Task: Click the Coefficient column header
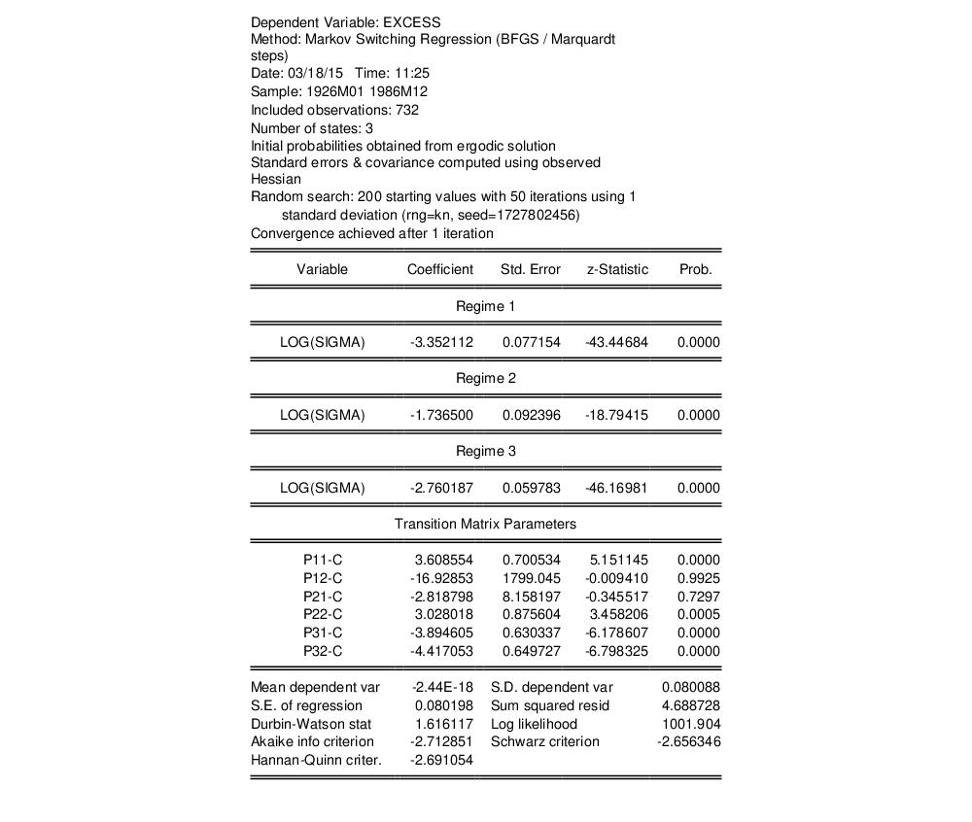(x=439, y=269)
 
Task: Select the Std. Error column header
(x=530, y=269)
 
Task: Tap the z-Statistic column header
(x=617, y=269)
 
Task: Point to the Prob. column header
(x=696, y=269)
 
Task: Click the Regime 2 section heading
(x=486, y=378)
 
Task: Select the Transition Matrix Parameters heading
(x=485, y=524)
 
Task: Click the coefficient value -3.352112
(x=441, y=342)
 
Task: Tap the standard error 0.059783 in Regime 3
(x=532, y=488)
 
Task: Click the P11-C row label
(x=323, y=560)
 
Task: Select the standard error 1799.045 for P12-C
(x=532, y=578)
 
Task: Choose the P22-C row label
(x=323, y=614)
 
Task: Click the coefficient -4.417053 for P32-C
(x=441, y=651)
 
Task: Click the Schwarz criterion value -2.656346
(x=688, y=741)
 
